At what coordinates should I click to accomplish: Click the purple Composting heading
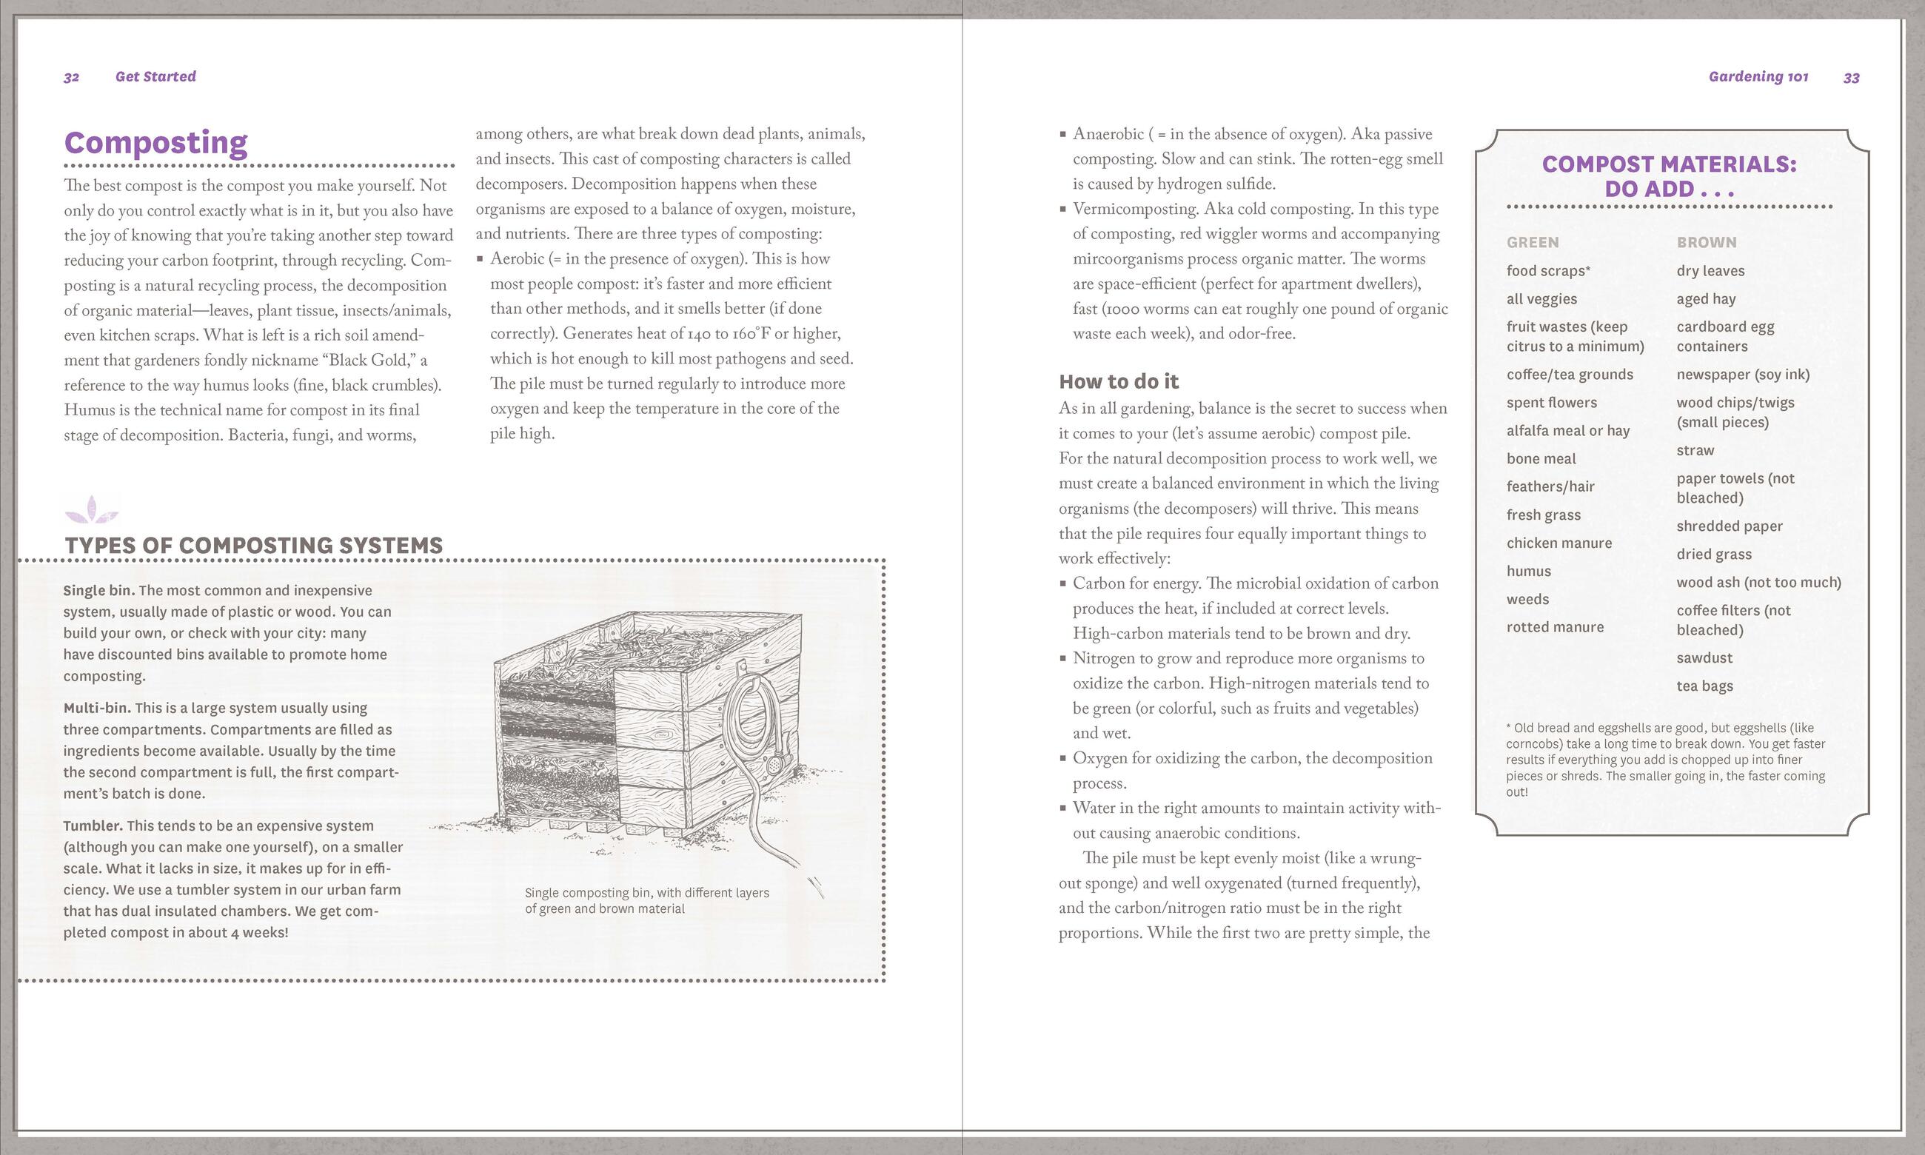(155, 143)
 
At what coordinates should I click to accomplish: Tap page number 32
(72, 77)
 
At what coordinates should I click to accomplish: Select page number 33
(1851, 78)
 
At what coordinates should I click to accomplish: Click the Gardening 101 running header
(1758, 76)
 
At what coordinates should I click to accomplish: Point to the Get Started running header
(155, 76)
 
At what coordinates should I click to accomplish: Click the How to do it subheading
(1118, 381)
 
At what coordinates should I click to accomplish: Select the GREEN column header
(1532, 242)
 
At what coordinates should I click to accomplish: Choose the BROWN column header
(1707, 242)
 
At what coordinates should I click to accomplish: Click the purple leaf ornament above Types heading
(92, 510)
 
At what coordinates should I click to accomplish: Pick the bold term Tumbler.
(93, 826)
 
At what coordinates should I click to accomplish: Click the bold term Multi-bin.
(97, 709)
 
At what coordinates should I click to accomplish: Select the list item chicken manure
(1559, 543)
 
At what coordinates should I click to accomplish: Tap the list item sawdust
(1704, 657)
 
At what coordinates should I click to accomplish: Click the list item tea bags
(1704, 686)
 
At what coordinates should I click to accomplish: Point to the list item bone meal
(1541, 459)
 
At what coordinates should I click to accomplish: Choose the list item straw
(1695, 451)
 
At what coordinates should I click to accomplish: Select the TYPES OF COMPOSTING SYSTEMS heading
(254, 545)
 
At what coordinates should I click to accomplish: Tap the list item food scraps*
(1547, 271)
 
